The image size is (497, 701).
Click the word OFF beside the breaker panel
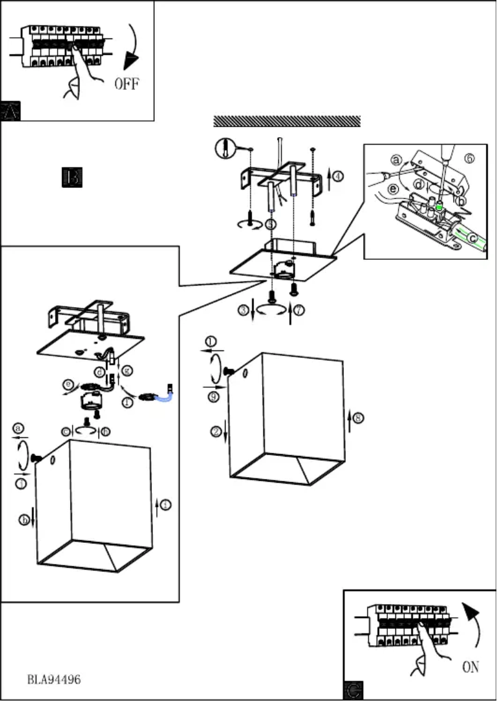point(126,83)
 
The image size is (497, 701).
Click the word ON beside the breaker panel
point(470,667)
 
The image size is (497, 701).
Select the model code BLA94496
point(54,679)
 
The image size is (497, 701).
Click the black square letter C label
point(353,690)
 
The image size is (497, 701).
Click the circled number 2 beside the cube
point(216,432)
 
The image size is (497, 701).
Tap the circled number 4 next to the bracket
point(337,176)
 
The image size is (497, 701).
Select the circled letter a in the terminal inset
point(396,159)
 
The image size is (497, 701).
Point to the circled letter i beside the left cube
point(164,506)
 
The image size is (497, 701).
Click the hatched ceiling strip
point(287,121)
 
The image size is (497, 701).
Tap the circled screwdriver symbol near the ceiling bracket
point(224,148)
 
